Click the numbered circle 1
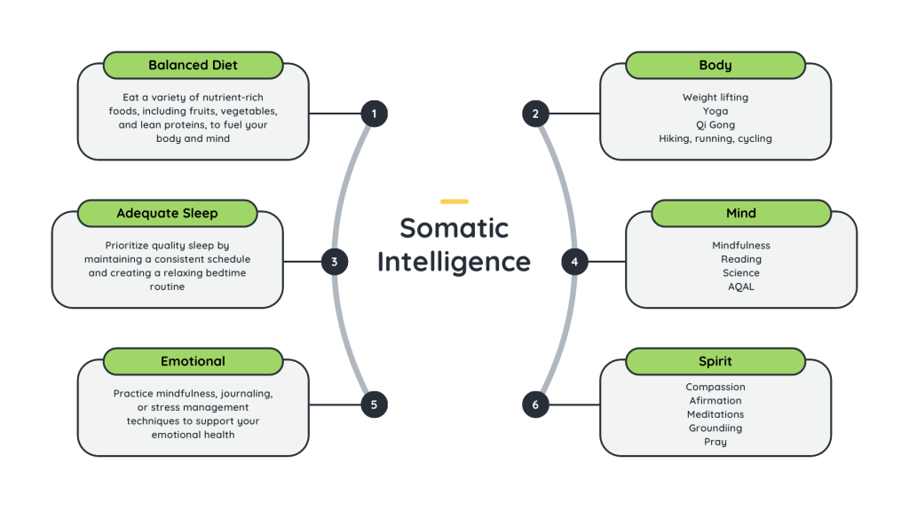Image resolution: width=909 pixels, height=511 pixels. pyautogui.click(x=374, y=114)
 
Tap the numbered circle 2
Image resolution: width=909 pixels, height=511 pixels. pyautogui.click(x=535, y=114)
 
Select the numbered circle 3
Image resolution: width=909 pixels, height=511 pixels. pyautogui.click(x=334, y=262)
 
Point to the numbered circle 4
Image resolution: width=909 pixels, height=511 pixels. pyautogui.click(x=574, y=262)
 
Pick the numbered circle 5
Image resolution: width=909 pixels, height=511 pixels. pyautogui.click(x=374, y=405)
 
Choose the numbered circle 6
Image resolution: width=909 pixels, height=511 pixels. pyautogui.click(x=535, y=405)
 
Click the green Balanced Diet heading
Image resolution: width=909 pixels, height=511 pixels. pyautogui.click(x=193, y=65)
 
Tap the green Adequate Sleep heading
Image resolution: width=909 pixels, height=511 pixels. pyautogui.click(x=167, y=213)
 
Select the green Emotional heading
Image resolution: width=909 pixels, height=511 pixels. pyautogui.click(x=193, y=361)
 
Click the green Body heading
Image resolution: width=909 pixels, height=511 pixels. pyautogui.click(x=715, y=65)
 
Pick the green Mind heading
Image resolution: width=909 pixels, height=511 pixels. pyautogui.click(x=741, y=213)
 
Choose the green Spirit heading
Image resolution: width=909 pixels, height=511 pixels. pyautogui.click(x=715, y=361)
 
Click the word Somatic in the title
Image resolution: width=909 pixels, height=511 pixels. pyautogui.click(x=454, y=228)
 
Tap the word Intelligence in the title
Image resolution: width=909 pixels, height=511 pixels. pyautogui.click(x=454, y=262)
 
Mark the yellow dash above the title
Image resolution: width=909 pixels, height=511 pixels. pyautogui.click(x=454, y=201)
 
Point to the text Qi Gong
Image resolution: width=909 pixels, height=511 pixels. pyautogui.click(x=715, y=125)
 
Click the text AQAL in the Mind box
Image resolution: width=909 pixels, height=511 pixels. pyautogui.click(x=741, y=287)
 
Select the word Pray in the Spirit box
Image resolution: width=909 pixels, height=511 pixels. pyautogui.click(x=715, y=442)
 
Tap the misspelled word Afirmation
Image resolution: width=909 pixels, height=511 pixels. pyautogui.click(x=715, y=401)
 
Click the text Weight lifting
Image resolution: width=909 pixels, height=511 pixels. pyautogui.click(x=715, y=98)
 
